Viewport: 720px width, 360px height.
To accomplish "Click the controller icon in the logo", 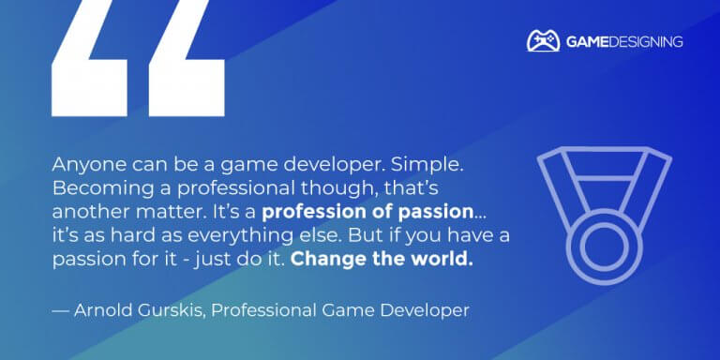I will (x=543, y=41).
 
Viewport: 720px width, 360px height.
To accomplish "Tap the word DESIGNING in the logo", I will (x=647, y=42).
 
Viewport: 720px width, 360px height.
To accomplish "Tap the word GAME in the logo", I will (x=586, y=42).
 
